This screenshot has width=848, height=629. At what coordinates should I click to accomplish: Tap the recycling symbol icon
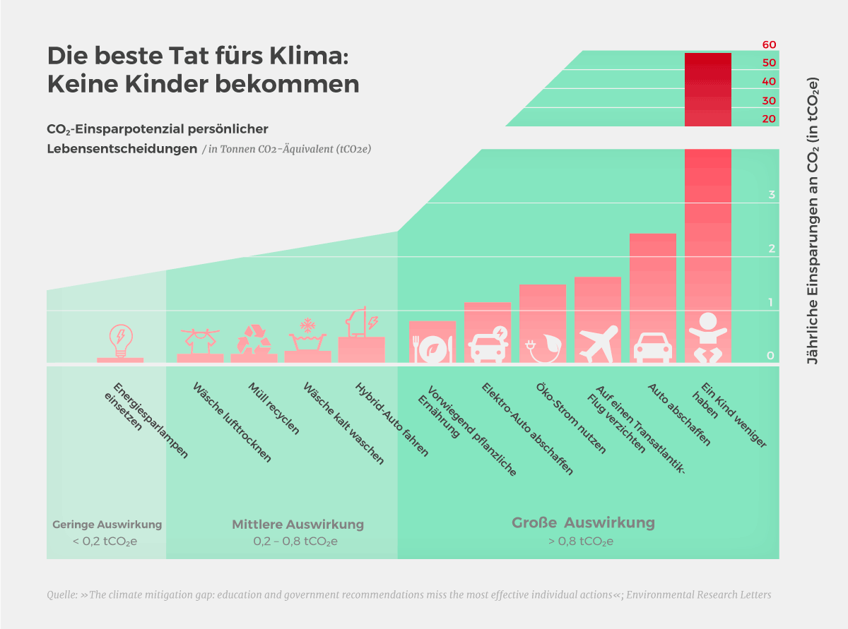[x=254, y=339]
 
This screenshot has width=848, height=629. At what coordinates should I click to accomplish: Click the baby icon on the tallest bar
[x=707, y=336]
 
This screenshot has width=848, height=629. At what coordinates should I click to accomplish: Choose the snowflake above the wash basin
[x=307, y=325]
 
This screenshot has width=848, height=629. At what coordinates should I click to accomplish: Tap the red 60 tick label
[x=769, y=44]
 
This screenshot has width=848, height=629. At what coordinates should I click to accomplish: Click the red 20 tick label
[x=769, y=119]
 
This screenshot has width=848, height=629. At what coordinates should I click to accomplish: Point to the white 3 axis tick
[x=772, y=195]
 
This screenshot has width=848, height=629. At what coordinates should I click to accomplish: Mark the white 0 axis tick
[x=772, y=356]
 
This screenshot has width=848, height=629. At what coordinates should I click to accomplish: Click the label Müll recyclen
[x=273, y=408]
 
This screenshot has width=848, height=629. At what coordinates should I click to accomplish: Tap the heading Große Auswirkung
[x=583, y=523]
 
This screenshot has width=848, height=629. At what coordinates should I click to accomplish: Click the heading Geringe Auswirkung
[x=107, y=525]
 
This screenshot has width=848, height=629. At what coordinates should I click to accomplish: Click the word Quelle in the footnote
[x=61, y=594]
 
